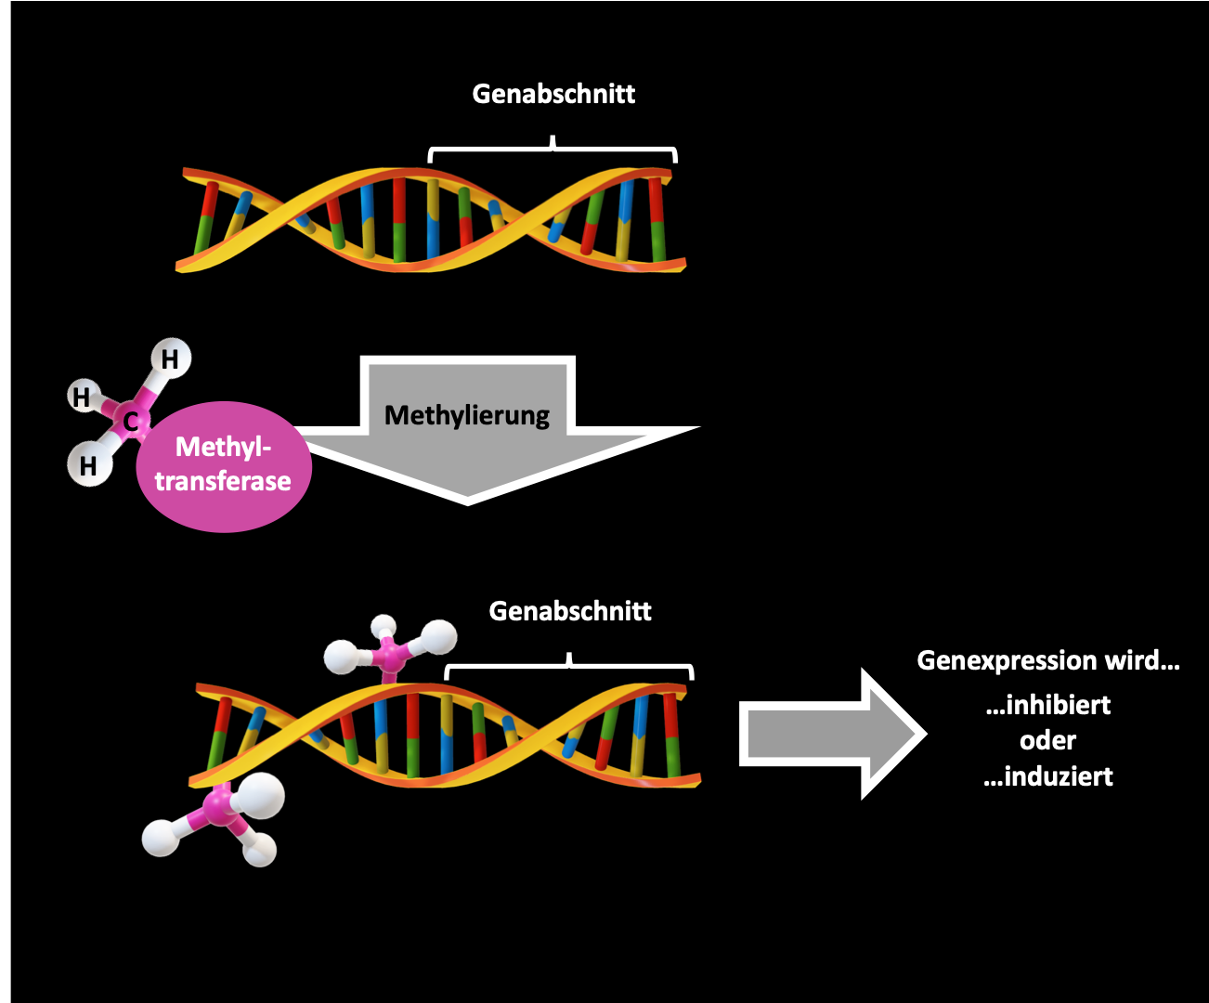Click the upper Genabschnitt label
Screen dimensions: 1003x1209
tap(553, 94)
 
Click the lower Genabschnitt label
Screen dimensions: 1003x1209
tap(570, 611)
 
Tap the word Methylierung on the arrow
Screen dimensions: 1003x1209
tap(467, 415)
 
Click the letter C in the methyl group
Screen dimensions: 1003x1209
tap(131, 422)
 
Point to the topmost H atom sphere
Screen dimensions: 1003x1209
tap(170, 358)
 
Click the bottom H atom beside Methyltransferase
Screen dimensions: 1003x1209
tap(88, 464)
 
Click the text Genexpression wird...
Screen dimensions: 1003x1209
tap(1047, 660)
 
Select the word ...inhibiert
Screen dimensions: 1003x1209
tap(1047, 705)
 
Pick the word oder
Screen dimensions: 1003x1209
tap(1047, 741)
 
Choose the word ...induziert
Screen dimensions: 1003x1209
tap(1047, 776)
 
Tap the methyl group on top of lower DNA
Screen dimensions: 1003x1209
tap(390, 646)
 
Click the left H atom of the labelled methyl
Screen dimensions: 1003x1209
tap(83, 397)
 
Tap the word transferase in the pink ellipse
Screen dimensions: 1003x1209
tap(223, 481)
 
